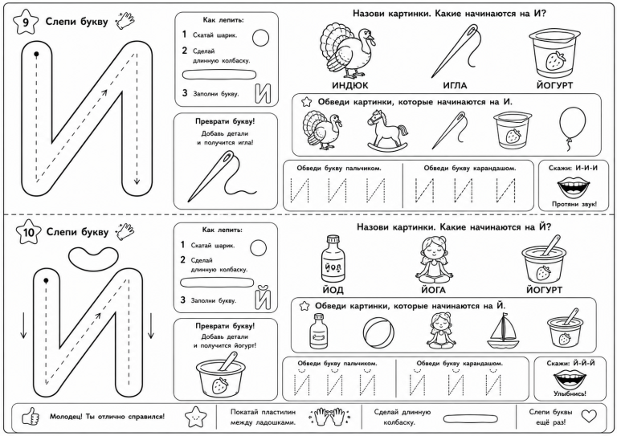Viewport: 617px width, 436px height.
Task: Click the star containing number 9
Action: (26, 22)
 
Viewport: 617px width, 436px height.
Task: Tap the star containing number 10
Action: (28, 232)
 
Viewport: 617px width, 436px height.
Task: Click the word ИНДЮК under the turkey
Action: (349, 85)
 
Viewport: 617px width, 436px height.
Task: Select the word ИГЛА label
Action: (455, 85)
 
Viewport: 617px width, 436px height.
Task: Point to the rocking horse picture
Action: (387, 130)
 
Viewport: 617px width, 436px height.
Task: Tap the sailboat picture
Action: (502, 331)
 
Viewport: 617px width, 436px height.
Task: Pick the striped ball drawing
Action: (378, 332)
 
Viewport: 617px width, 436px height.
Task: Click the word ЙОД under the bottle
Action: (333, 290)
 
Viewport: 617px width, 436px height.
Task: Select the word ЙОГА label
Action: (433, 290)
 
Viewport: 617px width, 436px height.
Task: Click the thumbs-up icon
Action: (31, 417)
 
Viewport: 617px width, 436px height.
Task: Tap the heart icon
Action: (589, 416)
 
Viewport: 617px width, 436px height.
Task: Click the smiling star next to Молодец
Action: (195, 417)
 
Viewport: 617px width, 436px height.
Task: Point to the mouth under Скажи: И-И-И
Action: (573, 187)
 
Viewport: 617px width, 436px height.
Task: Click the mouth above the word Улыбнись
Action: (570, 379)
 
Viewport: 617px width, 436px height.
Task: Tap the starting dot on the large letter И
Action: (36, 54)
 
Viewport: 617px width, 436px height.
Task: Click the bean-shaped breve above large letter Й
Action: (93, 258)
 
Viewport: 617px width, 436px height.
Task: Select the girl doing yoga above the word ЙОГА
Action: (432, 259)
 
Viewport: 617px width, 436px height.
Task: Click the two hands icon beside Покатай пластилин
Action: (329, 417)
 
